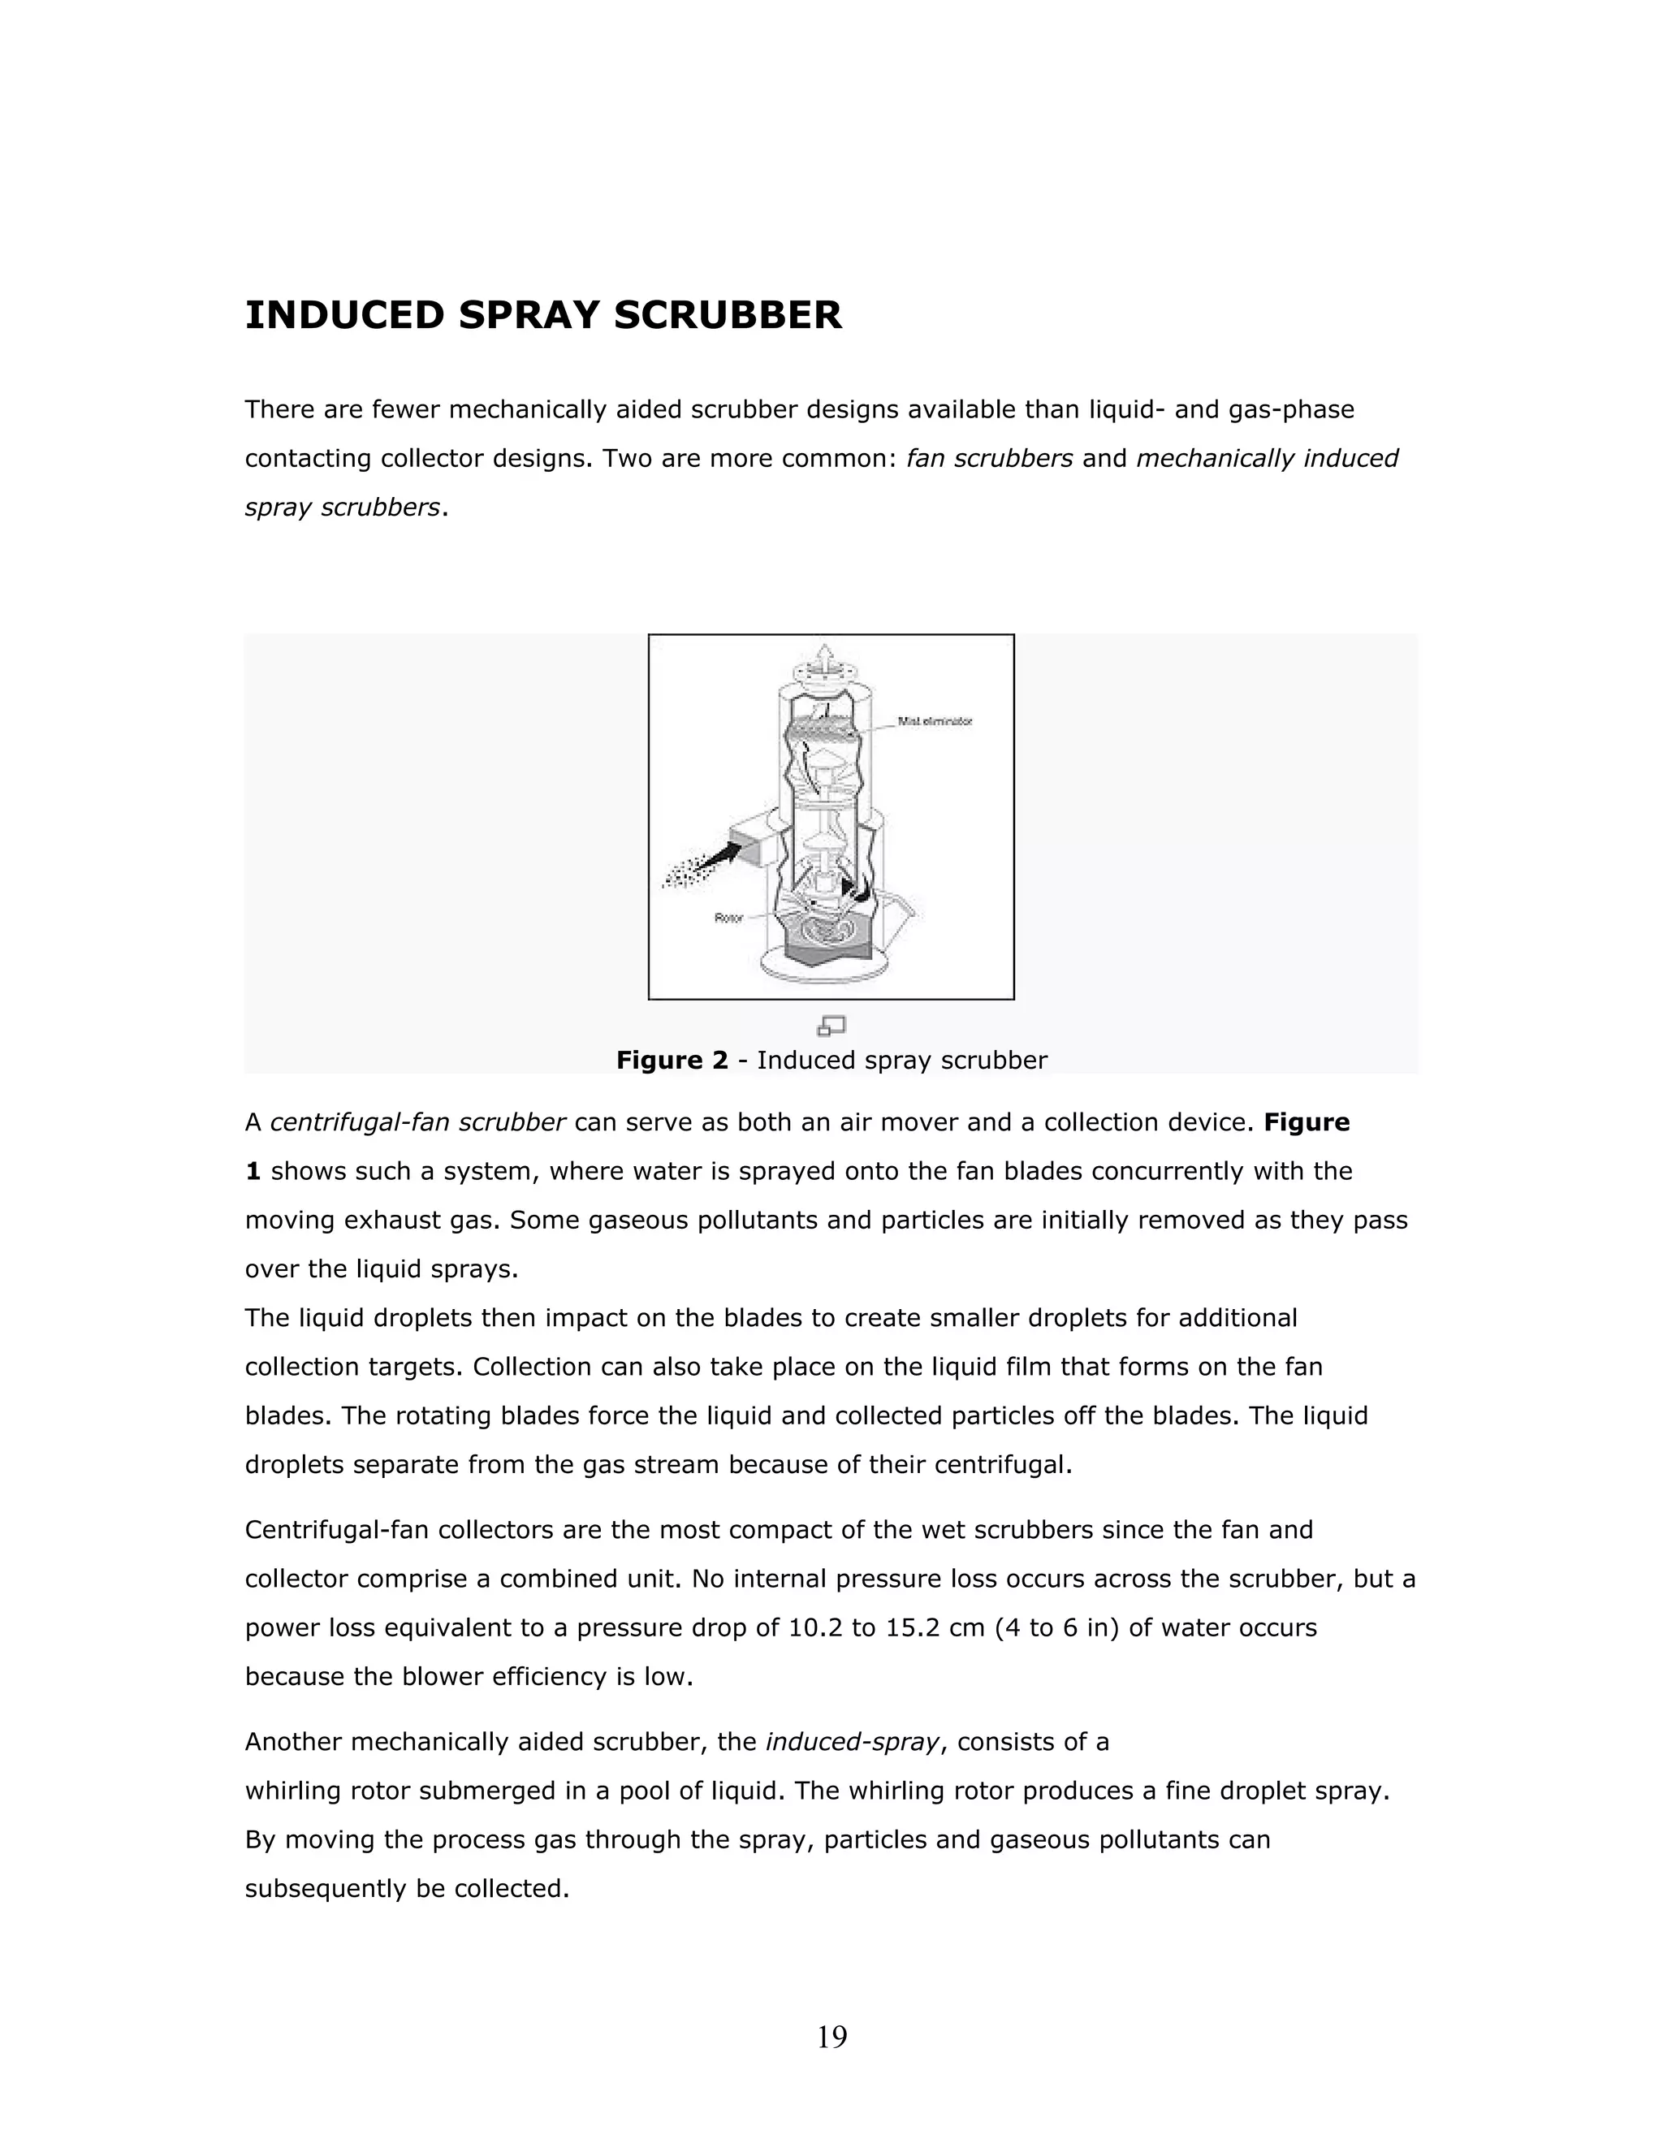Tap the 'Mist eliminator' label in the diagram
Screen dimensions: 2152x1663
tap(934, 721)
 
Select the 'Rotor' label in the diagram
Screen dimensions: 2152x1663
tap(728, 918)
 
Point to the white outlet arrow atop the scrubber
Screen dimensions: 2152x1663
tap(827, 653)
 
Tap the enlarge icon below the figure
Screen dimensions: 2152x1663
tap(831, 1026)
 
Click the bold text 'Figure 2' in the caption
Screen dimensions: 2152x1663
tap(672, 1061)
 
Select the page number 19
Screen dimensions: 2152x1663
tap(831, 2037)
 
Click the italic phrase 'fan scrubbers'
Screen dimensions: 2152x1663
tap(989, 459)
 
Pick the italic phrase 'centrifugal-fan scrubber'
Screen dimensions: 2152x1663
tap(417, 1122)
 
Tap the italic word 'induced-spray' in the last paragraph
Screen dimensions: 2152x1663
tap(852, 1742)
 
